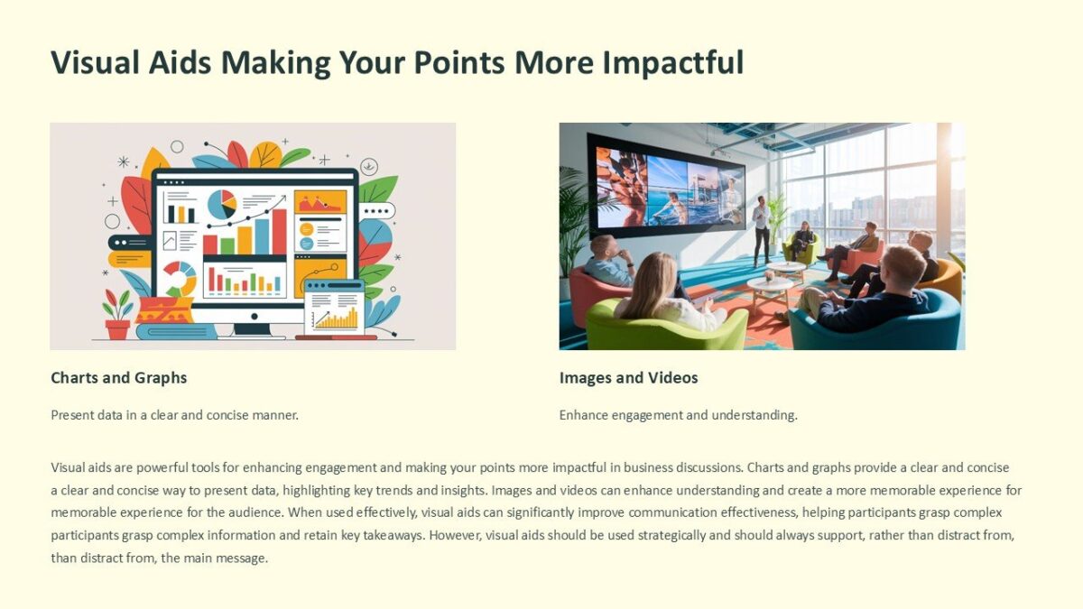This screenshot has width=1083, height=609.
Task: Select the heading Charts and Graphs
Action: coord(118,377)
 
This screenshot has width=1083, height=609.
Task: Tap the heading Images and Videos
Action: coord(628,377)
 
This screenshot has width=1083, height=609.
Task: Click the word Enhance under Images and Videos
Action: coord(586,415)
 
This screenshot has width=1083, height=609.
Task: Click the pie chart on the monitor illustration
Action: coord(222,205)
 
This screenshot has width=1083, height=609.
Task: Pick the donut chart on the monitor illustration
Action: coord(179,279)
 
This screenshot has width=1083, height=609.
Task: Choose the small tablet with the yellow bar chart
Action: coord(334,309)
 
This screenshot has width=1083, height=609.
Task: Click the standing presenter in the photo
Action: coord(762,230)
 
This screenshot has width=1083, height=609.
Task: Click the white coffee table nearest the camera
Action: coord(769,290)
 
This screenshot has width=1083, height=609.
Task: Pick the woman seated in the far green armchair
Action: coord(802,241)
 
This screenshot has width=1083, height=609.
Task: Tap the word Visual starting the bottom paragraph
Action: coord(69,467)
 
